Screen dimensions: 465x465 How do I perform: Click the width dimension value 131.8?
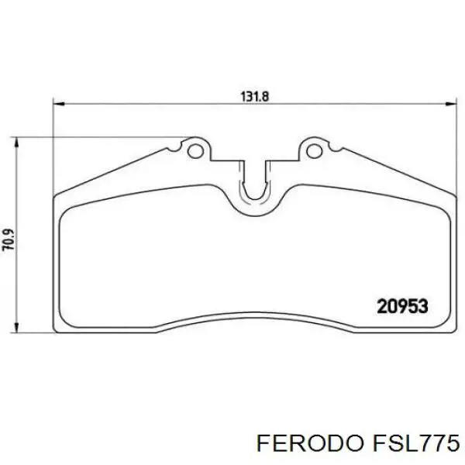pos(252,97)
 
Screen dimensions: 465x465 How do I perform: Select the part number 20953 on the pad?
pos(402,307)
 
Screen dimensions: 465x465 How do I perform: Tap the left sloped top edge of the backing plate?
pos(116,167)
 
